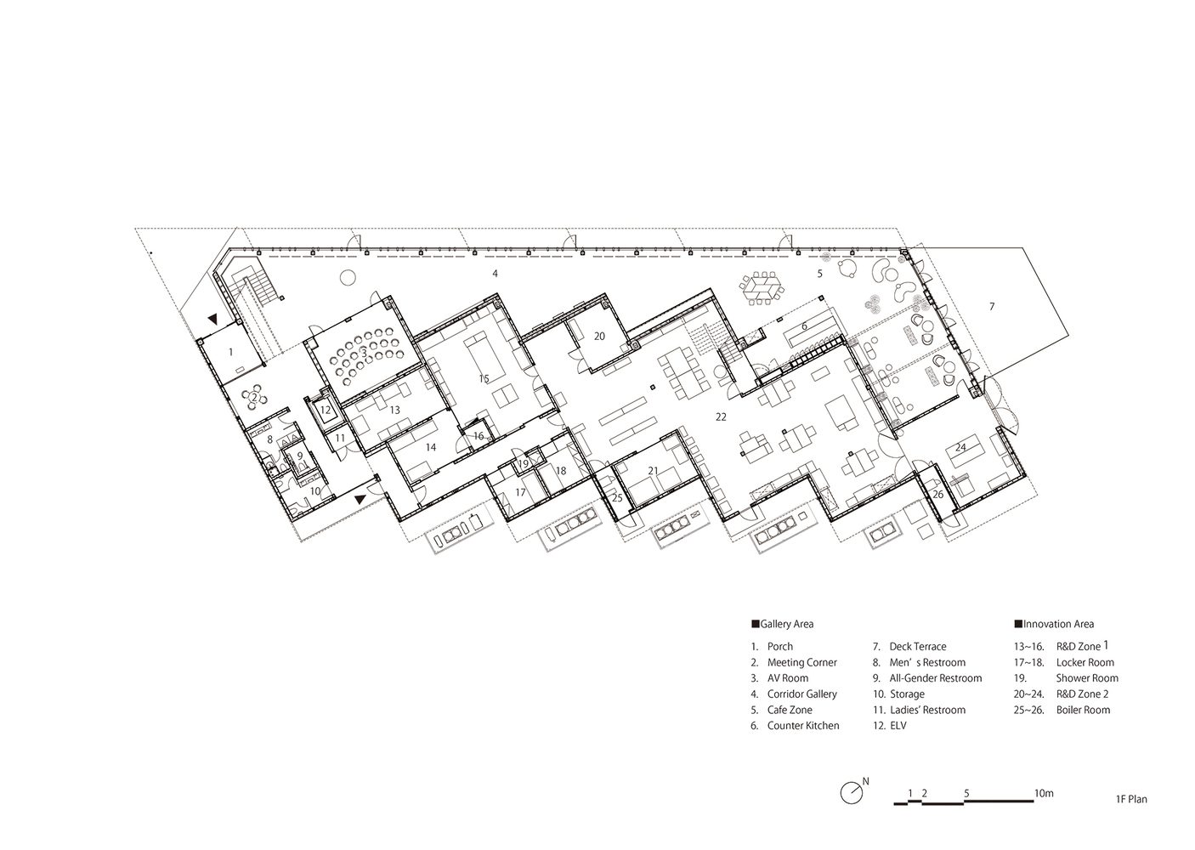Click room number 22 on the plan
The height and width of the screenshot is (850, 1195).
pyautogui.click(x=721, y=417)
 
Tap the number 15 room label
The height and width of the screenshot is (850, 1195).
pyautogui.click(x=484, y=379)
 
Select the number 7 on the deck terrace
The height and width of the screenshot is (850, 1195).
pyautogui.click(x=992, y=306)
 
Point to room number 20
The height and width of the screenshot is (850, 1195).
pyautogui.click(x=600, y=336)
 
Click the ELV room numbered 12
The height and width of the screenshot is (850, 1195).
pyautogui.click(x=326, y=411)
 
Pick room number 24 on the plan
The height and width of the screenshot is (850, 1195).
pyautogui.click(x=960, y=447)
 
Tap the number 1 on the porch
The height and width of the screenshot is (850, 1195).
pyautogui.click(x=230, y=352)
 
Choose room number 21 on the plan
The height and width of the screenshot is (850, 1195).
pyautogui.click(x=654, y=471)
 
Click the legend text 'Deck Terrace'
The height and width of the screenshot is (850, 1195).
pyautogui.click(x=918, y=647)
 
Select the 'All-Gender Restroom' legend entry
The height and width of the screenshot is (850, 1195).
pyautogui.click(x=936, y=678)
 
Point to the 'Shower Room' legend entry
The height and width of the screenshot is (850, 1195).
pyautogui.click(x=1087, y=678)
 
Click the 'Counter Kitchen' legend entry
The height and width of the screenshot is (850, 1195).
pyautogui.click(x=803, y=726)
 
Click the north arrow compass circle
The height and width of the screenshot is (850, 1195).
pyautogui.click(x=852, y=808)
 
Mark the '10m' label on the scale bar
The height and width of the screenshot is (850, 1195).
pyautogui.click(x=1044, y=793)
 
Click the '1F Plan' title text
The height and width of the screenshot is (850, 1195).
pyautogui.click(x=1131, y=814)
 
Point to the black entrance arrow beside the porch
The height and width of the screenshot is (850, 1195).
pyautogui.click(x=213, y=319)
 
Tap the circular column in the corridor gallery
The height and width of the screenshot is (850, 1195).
pyautogui.click(x=348, y=277)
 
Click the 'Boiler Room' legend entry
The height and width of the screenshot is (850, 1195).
pyautogui.click(x=1083, y=711)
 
